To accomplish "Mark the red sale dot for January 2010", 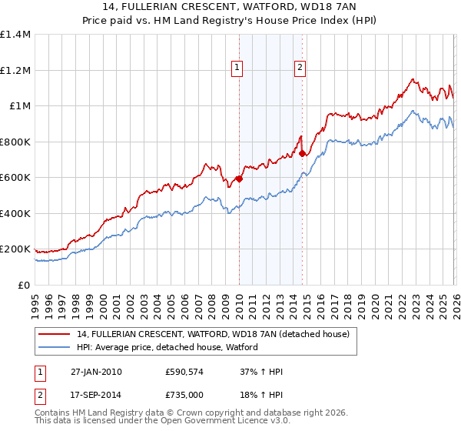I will click(239, 179).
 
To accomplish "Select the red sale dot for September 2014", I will click(302, 153).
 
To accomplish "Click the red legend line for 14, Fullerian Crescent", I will click(55, 334).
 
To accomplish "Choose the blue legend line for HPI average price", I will click(55, 347).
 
